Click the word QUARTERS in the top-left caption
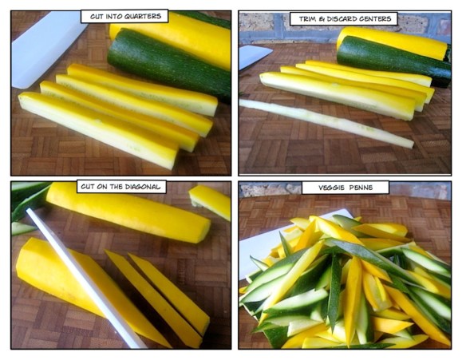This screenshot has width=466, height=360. tap(144, 16)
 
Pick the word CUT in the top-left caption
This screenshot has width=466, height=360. tap(94, 16)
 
